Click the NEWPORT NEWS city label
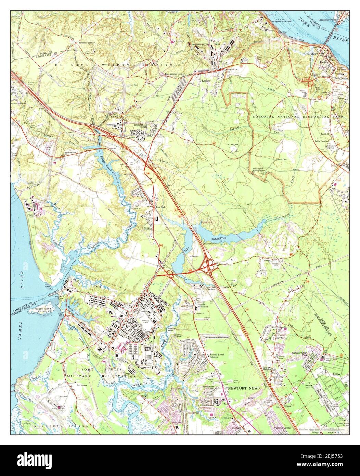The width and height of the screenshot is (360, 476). click(x=244, y=388)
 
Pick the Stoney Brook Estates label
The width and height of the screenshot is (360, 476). click(x=216, y=356)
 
